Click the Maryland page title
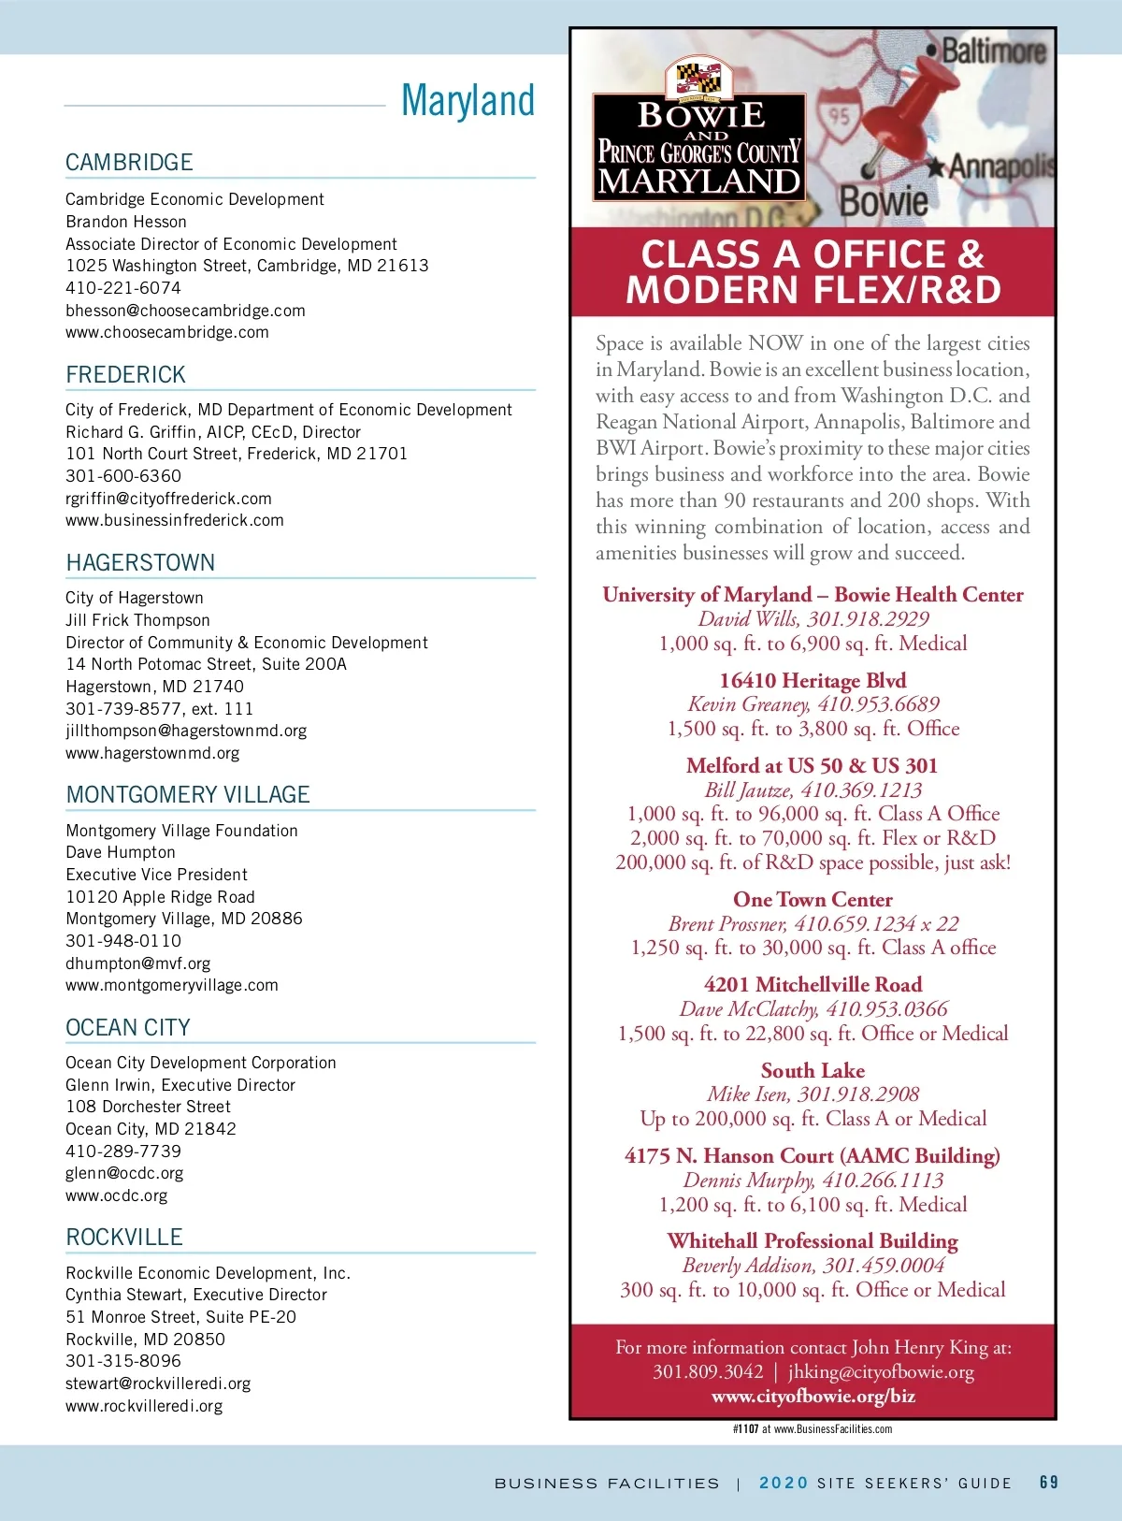pos(467,101)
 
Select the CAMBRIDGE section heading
pos(129,163)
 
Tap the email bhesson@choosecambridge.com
pos(185,311)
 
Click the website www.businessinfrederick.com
pos(175,520)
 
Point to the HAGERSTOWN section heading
pos(140,563)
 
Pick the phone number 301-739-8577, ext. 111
pos(159,709)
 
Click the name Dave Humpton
pos(121,852)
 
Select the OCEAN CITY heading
pos(128,1028)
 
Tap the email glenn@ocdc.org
pos(124,1173)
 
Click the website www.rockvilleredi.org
pos(144,1406)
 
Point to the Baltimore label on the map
pos(992,51)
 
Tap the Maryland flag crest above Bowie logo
pos(698,77)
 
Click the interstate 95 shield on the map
pos(839,117)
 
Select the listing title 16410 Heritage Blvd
pos(813,680)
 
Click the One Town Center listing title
pos(813,900)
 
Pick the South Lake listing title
pos(813,1071)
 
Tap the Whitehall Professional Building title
pos(813,1241)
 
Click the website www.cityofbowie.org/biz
pos(813,1397)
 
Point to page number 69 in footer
pos(1049,1483)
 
